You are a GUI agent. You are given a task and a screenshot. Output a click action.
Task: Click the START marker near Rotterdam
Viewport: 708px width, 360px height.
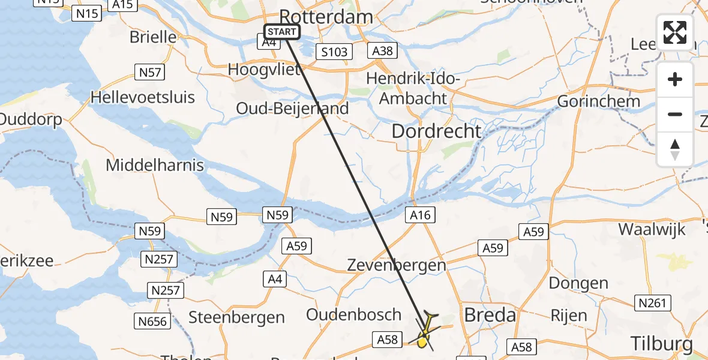(x=281, y=32)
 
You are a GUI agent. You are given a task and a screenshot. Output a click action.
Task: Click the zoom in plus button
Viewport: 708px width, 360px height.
(x=675, y=79)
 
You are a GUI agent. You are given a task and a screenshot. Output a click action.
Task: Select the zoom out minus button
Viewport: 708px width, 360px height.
(x=675, y=114)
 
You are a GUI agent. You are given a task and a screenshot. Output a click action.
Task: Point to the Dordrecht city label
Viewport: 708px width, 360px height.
(x=436, y=131)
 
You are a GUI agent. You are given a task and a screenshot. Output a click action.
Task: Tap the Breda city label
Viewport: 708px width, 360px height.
(x=490, y=315)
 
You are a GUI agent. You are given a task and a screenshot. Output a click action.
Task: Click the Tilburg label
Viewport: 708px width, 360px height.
(x=662, y=344)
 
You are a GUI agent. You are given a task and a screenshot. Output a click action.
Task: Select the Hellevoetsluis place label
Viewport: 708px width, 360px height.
(x=143, y=97)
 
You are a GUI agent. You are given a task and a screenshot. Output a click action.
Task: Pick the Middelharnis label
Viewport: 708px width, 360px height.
(x=155, y=165)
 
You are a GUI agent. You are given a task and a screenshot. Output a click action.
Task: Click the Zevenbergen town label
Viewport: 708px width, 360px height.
(x=397, y=265)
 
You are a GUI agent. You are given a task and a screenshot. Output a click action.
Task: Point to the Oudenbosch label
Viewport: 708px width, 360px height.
(x=353, y=314)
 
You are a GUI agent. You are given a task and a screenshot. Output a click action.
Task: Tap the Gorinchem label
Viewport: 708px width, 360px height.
(x=599, y=101)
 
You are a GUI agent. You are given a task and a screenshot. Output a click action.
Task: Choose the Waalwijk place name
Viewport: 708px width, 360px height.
(x=652, y=229)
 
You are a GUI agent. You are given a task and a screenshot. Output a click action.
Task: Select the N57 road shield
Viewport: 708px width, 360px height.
(x=149, y=73)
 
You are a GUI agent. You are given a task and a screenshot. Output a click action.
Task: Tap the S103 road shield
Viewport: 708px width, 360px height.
(x=334, y=52)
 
